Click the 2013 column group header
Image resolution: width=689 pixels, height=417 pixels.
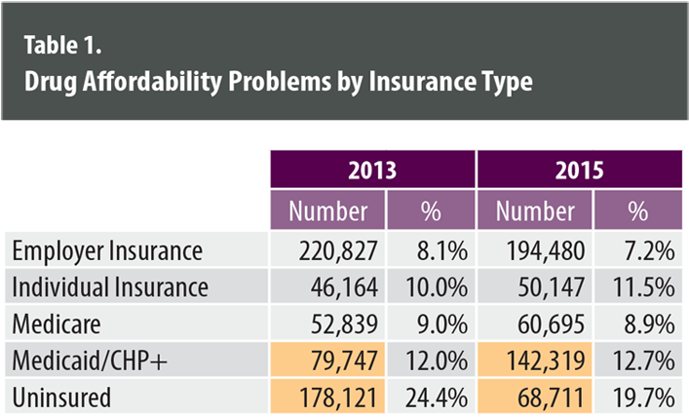(x=371, y=170)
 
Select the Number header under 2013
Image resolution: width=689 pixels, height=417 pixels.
(x=328, y=210)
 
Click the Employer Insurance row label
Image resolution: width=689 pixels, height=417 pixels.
(x=108, y=251)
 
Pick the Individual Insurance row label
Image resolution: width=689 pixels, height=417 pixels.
(x=110, y=287)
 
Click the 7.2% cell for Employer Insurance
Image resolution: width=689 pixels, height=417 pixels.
(x=649, y=251)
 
